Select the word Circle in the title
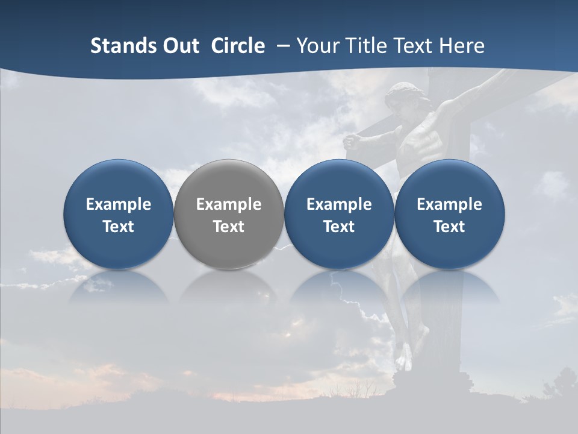[x=238, y=46]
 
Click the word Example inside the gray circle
[x=229, y=204]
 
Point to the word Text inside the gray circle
[x=229, y=227]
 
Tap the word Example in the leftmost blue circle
[x=118, y=204]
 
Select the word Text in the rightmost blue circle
[x=449, y=227]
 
